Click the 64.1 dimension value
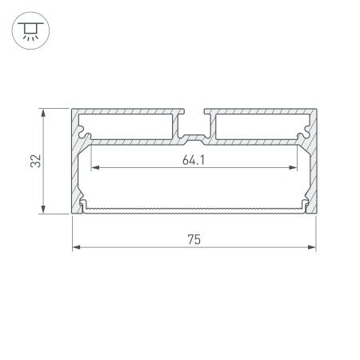(x=190, y=159)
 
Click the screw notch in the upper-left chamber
(x=85, y=126)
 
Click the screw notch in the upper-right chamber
(x=304, y=126)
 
